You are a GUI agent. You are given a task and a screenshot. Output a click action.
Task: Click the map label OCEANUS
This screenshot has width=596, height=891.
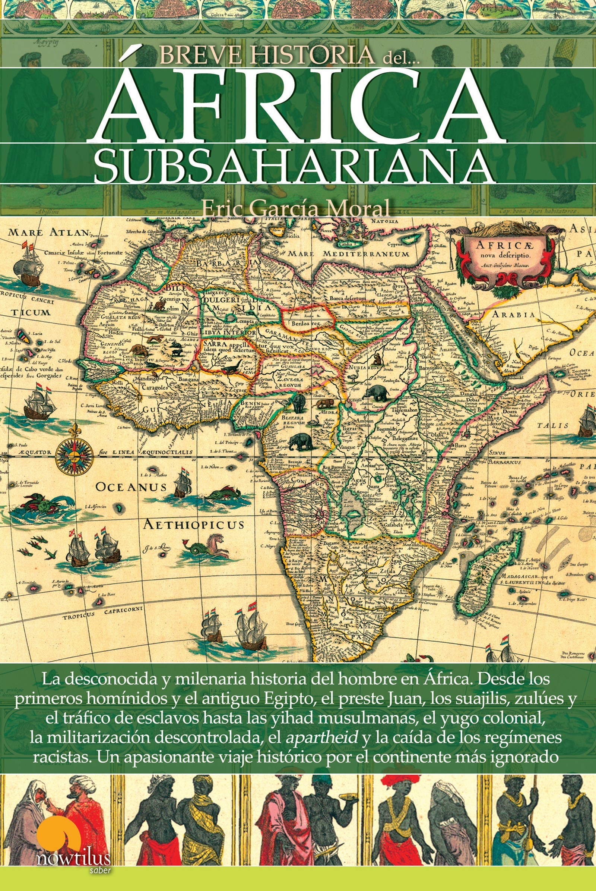[x=131, y=487]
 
